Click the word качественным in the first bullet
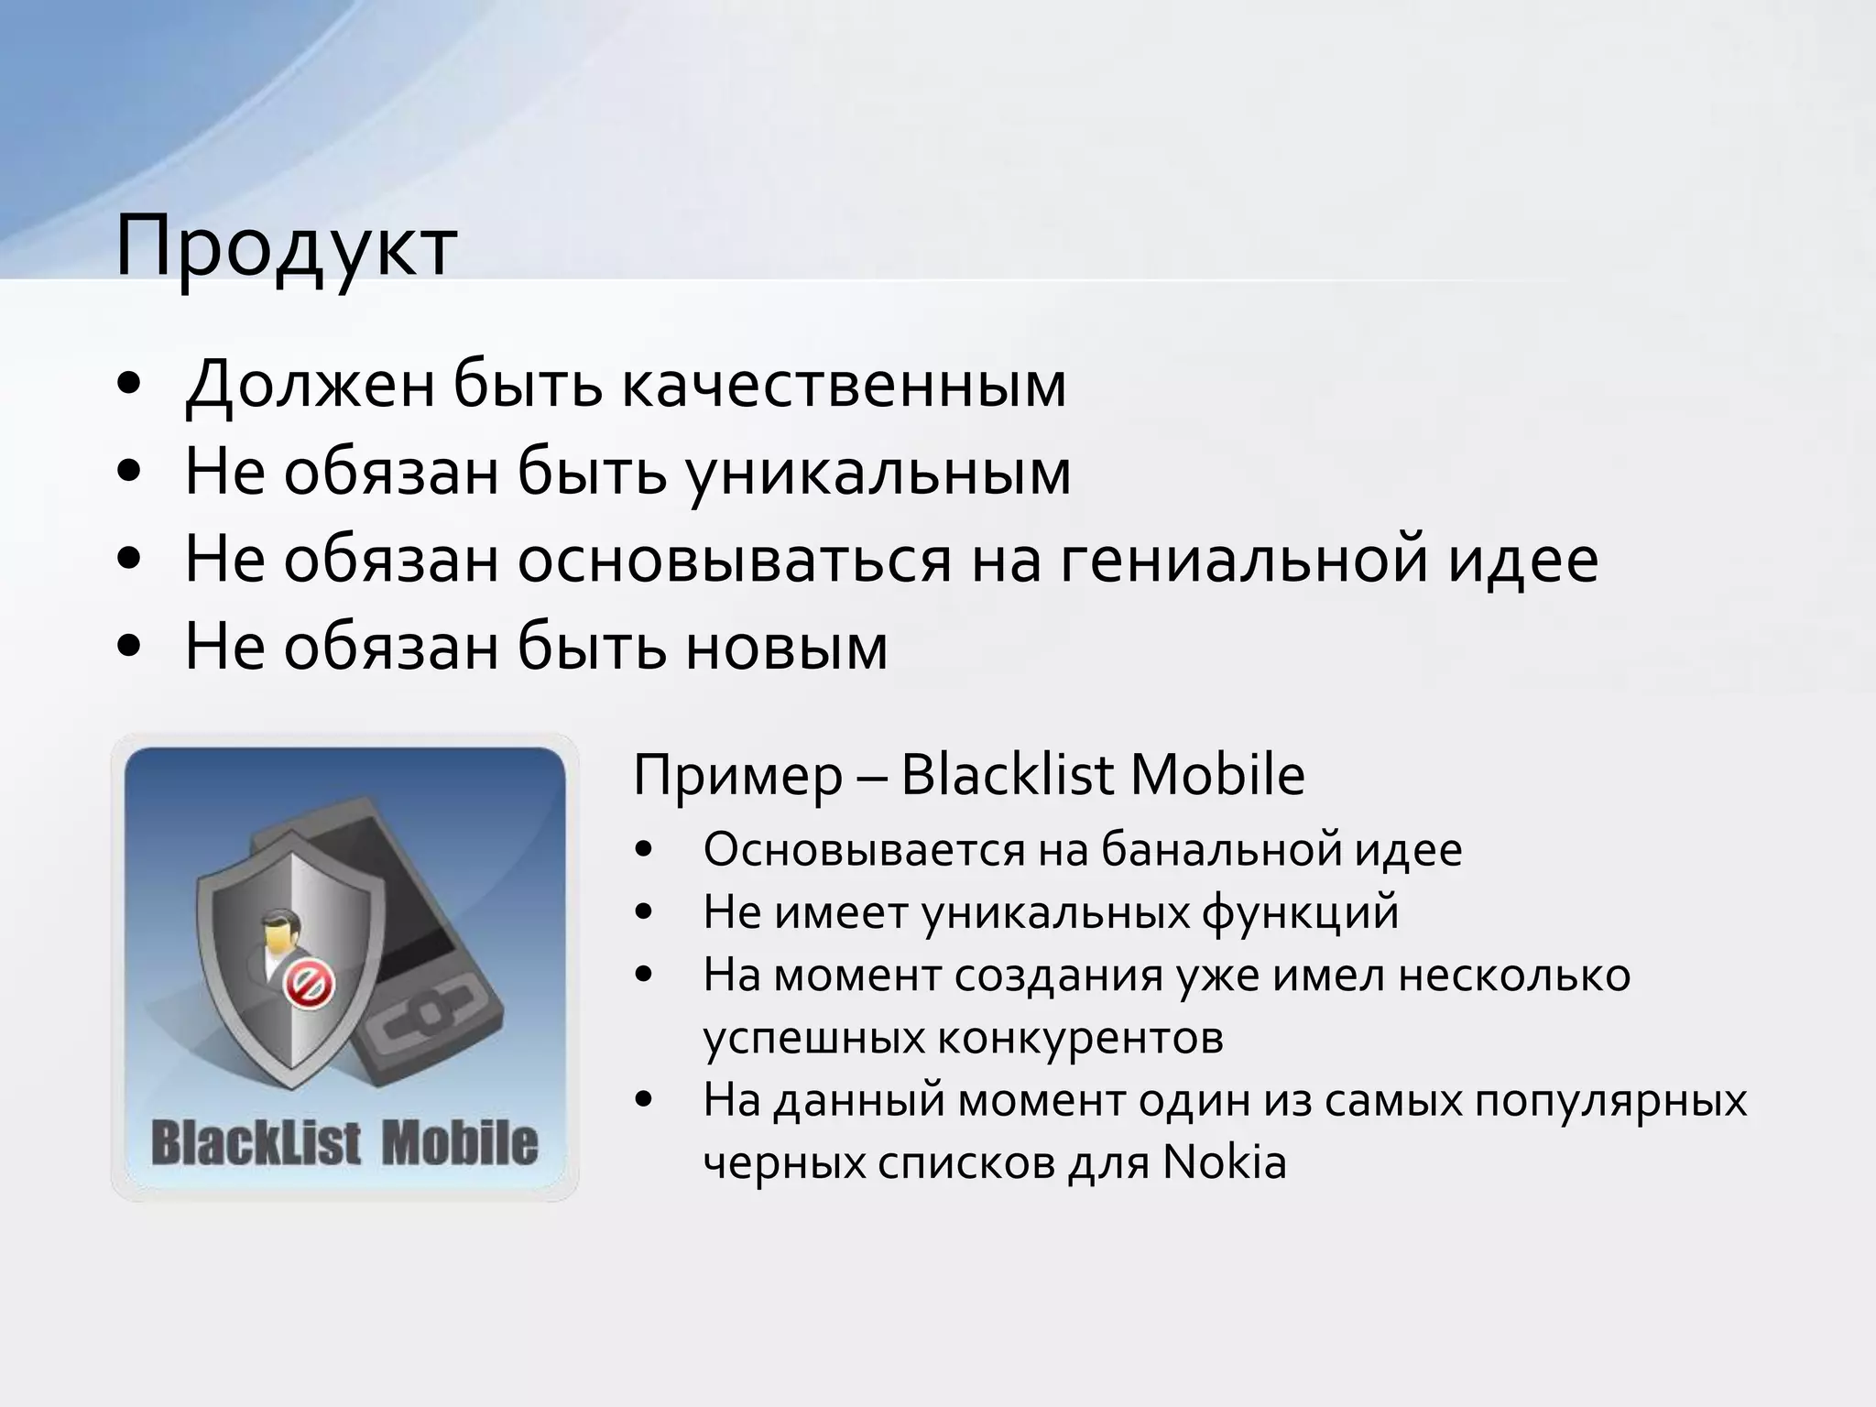[x=844, y=385]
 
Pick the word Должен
[x=310, y=385]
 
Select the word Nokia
[x=1224, y=1162]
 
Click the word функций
[x=1300, y=912]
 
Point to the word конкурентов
[x=1080, y=1038]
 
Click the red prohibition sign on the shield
[x=309, y=986]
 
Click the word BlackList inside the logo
[x=256, y=1144]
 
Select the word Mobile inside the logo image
[x=459, y=1144]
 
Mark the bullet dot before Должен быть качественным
[x=130, y=386]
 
